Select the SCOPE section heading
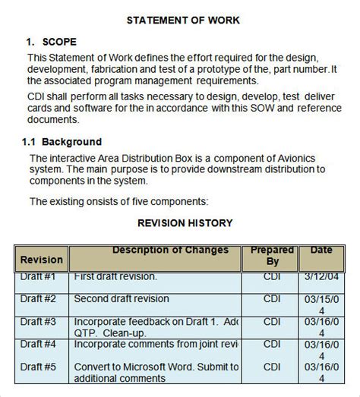pos(58,42)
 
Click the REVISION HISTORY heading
pos(185,223)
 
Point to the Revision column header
pos(42,260)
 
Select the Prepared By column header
pos(271,255)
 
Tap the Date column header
pos(321,250)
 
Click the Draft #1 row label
pos(39,277)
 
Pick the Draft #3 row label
pos(39,322)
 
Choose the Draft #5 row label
pos(39,367)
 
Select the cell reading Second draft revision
pos(122,299)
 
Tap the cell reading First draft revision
pos(115,277)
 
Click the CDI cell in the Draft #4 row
pos(271,345)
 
